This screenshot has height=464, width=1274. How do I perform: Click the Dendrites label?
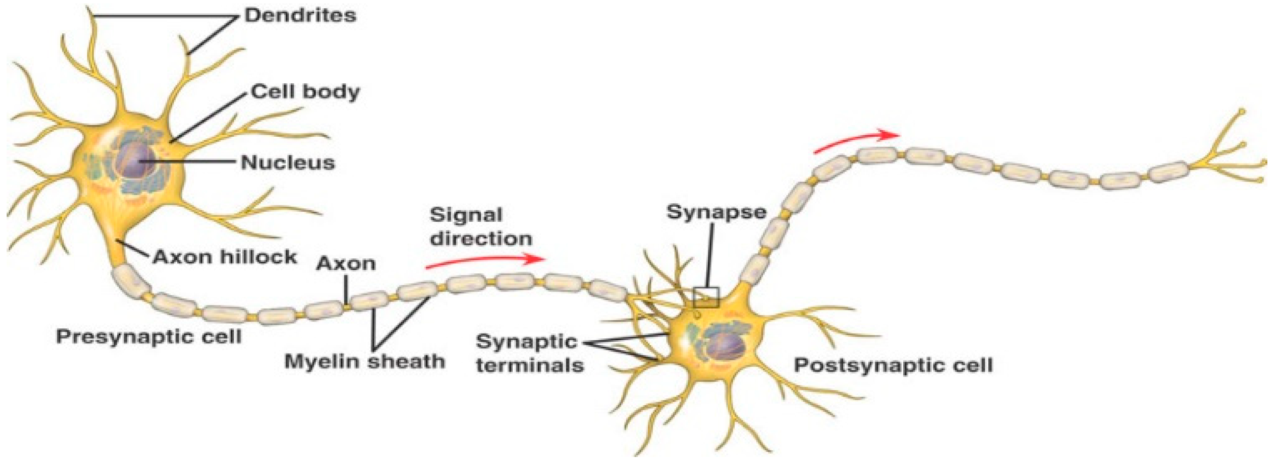click(300, 15)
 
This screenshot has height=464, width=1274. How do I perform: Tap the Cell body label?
click(305, 92)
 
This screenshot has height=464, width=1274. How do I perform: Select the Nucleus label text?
click(288, 163)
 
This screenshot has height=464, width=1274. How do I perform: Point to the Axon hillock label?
click(225, 257)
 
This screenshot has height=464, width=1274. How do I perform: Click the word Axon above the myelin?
click(346, 263)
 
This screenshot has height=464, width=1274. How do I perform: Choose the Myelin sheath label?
click(364, 362)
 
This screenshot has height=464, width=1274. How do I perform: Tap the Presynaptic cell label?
click(149, 337)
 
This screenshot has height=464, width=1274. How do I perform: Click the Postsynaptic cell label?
click(893, 365)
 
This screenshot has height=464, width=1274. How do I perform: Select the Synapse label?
click(716, 212)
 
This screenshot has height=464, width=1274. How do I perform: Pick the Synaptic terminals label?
click(529, 353)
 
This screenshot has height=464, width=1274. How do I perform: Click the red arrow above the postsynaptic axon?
click(857, 140)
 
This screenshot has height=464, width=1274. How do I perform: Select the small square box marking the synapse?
click(706, 297)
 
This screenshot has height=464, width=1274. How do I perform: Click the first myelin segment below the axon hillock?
click(130, 283)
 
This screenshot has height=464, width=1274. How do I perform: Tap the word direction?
click(481, 239)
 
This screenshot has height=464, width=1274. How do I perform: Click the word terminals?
click(529, 365)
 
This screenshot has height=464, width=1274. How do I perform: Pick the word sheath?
click(405, 362)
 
